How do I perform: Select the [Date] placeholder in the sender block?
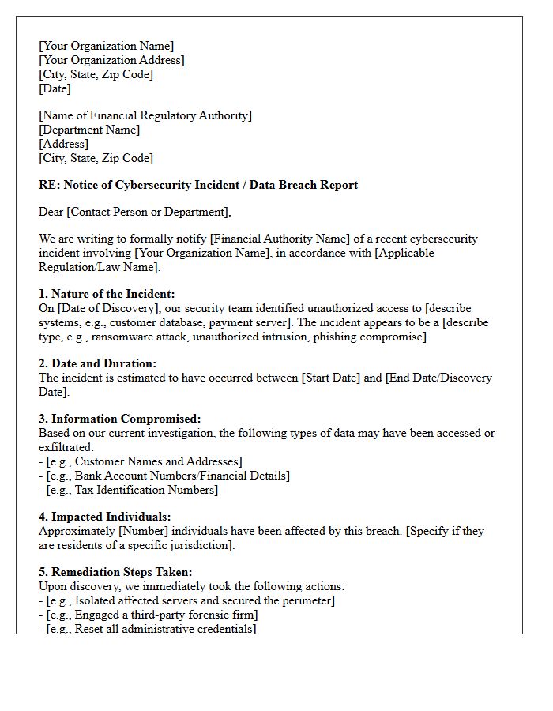pyautogui.click(x=55, y=88)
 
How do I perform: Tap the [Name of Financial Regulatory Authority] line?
pyautogui.click(x=145, y=115)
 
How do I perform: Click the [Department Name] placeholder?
pyautogui.click(x=89, y=130)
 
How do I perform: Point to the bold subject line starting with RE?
pyautogui.click(x=198, y=185)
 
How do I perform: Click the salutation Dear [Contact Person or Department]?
pyautogui.click(x=135, y=212)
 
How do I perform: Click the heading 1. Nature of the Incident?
pyautogui.click(x=107, y=294)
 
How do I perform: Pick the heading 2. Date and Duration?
pyautogui.click(x=98, y=363)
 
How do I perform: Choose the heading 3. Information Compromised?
pyautogui.click(x=120, y=419)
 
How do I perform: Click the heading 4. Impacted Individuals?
pyautogui.click(x=105, y=517)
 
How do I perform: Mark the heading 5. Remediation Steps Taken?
pyautogui.click(x=115, y=572)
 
